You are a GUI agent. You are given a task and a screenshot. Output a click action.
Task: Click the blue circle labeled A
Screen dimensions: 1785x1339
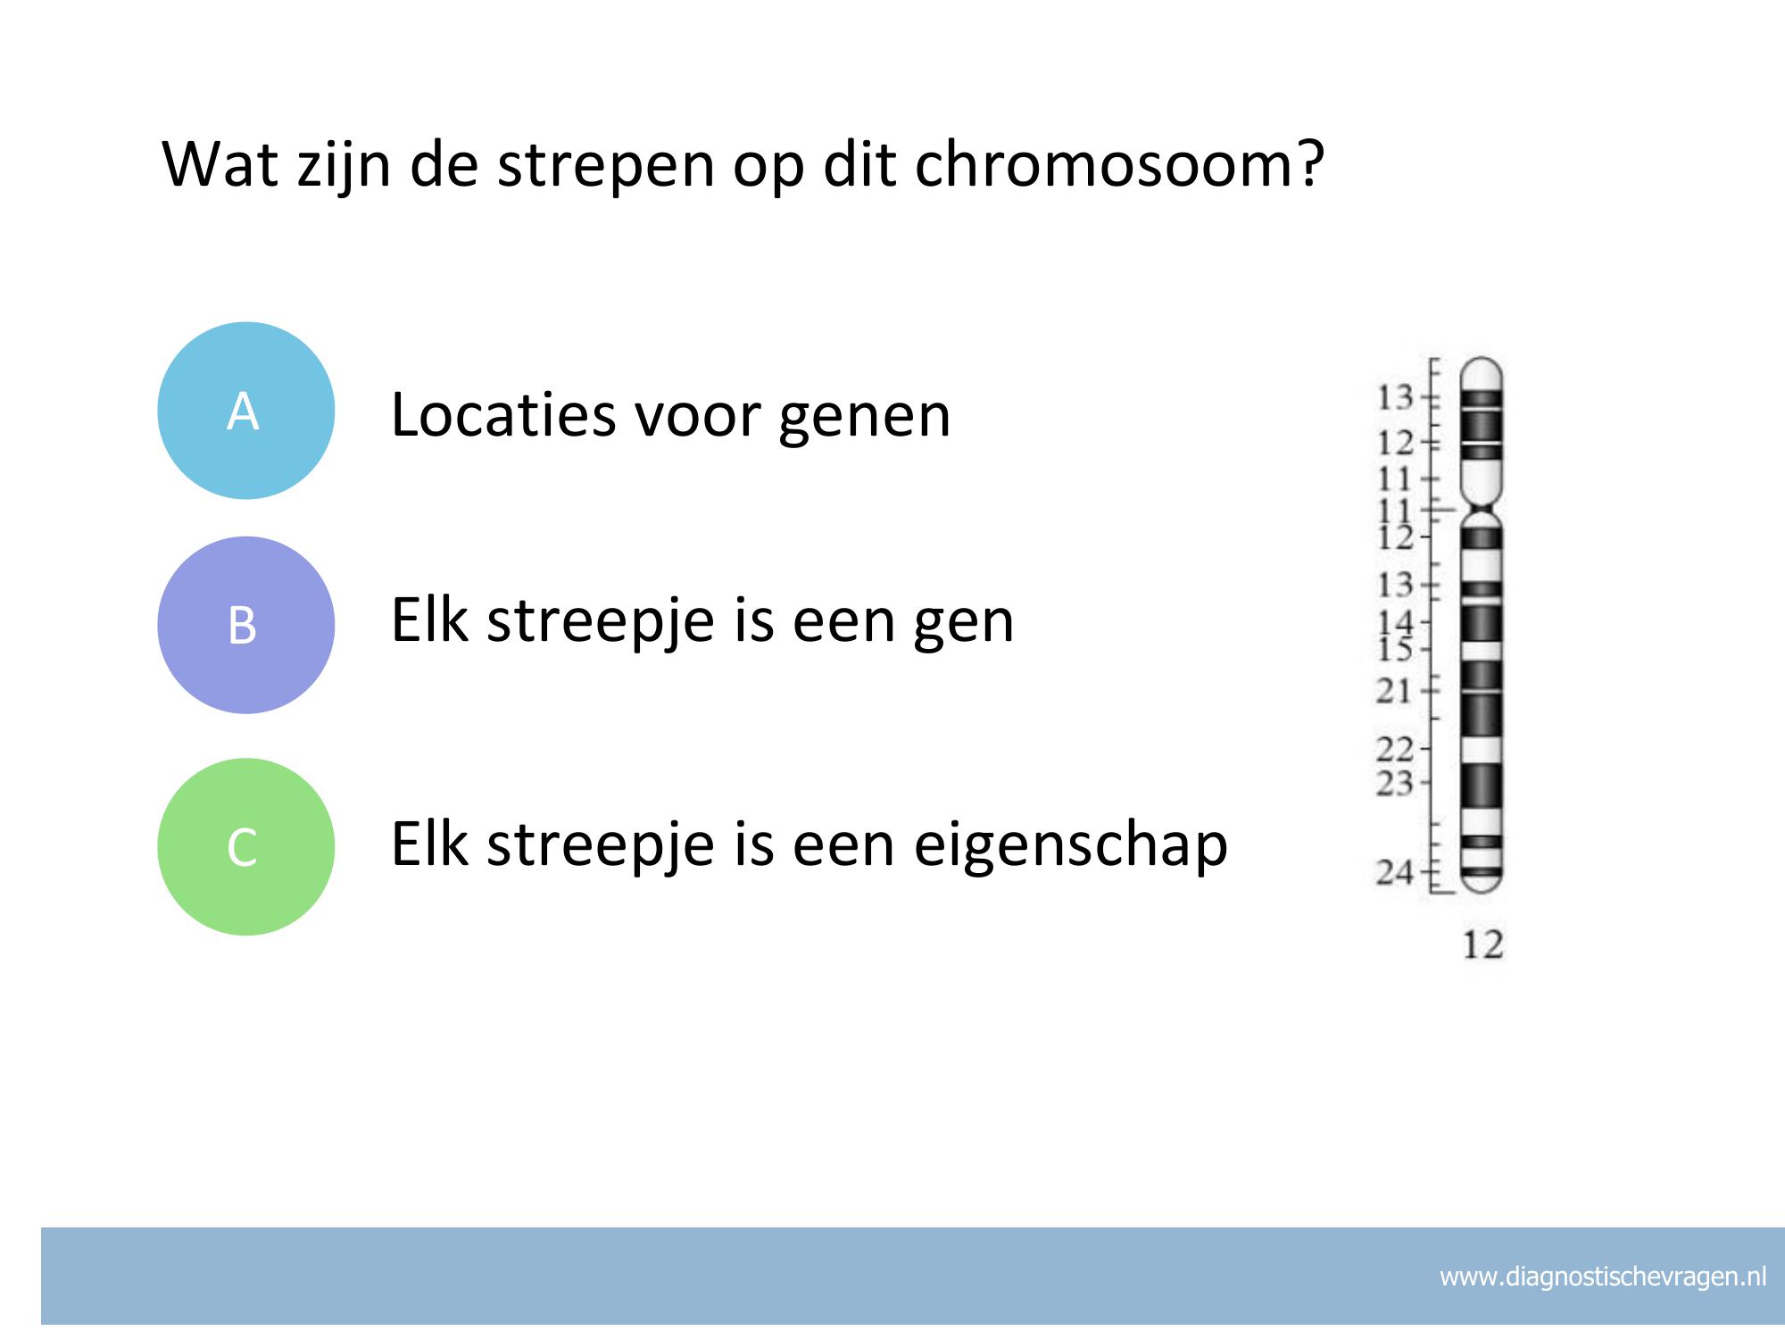pos(246,411)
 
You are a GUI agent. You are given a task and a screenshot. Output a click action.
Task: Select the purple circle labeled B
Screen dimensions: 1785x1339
pos(246,625)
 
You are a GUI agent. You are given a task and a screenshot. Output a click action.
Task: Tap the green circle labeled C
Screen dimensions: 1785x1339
pos(246,846)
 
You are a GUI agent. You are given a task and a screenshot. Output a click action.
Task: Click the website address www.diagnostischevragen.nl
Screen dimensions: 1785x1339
pos(1603,1277)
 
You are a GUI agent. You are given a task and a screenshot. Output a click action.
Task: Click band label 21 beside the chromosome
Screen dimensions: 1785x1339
pos(1393,690)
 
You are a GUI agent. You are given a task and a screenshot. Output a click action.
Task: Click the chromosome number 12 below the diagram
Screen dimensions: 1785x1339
pos(1482,944)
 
